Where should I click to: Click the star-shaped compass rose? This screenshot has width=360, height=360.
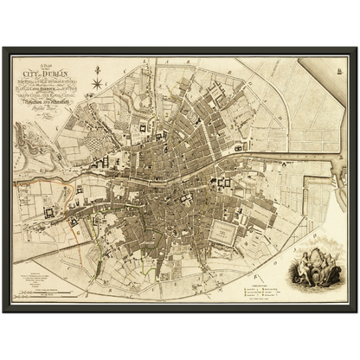coord(98,84)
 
